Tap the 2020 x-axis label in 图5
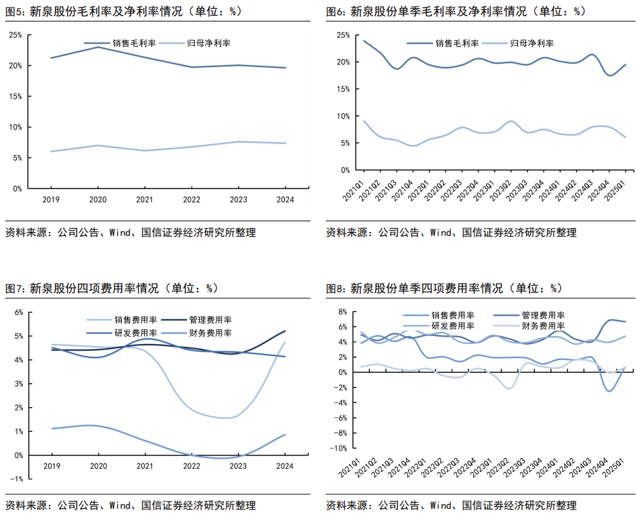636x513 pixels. click(x=99, y=199)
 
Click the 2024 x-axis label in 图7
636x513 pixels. click(x=285, y=466)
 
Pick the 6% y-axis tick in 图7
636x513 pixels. click(x=19, y=312)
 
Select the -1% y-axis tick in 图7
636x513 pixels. click(x=17, y=479)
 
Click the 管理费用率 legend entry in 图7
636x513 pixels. click(x=210, y=321)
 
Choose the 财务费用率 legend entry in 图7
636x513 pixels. click(x=210, y=333)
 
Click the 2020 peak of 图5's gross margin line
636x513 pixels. click(x=99, y=47)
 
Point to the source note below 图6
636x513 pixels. click(x=451, y=233)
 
